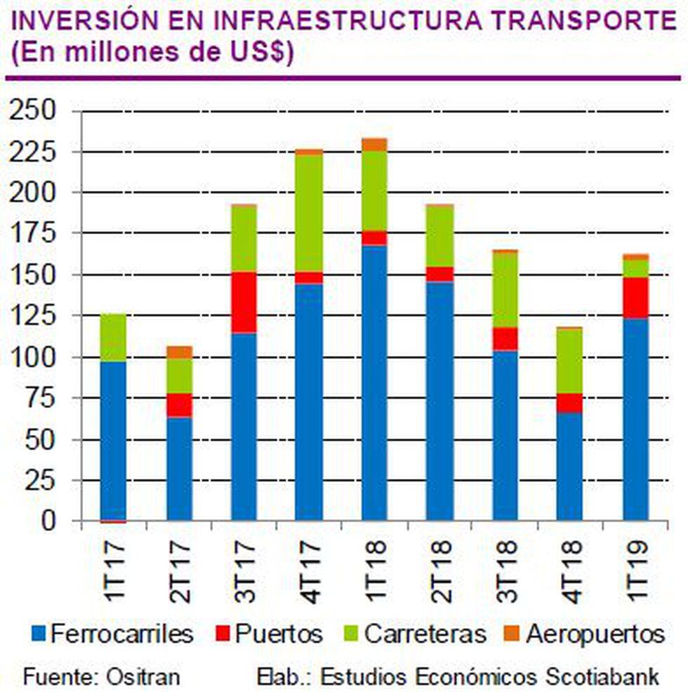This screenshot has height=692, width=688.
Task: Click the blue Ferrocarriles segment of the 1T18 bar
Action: tap(374, 383)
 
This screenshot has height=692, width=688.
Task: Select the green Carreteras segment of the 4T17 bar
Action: tap(309, 213)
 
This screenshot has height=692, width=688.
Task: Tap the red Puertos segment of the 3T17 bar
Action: tap(244, 302)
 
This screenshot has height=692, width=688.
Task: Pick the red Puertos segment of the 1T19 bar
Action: tap(635, 298)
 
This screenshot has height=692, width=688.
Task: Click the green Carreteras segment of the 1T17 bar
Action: tap(113, 338)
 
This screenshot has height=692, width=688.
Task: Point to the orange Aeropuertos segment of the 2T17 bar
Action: tap(179, 352)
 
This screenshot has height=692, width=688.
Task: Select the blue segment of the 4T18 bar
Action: tap(570, 466)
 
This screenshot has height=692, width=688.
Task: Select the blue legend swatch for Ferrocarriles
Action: tap(40, 635)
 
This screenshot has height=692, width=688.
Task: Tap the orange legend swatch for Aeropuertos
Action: tap(511, 635)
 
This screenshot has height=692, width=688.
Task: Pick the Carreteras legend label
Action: tap(426, 634)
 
